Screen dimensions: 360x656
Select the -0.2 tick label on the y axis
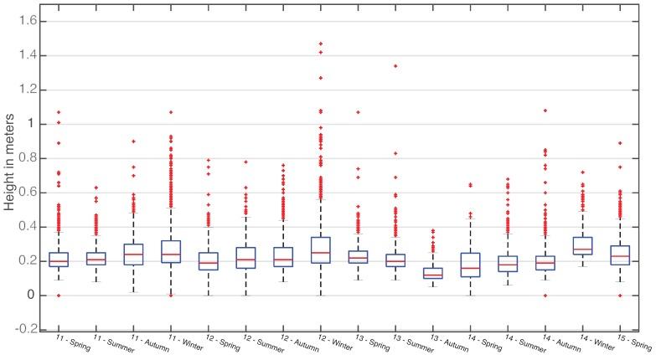tap(26, 330)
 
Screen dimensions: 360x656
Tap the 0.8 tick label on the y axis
tap(28, 158)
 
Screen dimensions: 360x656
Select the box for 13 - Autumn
tap(432, 273)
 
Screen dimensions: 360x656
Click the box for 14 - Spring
tap(470, 265)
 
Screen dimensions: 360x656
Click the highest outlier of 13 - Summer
tap(395, 66)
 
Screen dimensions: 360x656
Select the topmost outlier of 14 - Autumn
tap(545, 111)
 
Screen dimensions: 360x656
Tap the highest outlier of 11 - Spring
tap(59, 112)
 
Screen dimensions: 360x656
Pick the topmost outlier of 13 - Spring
tap(358, 112)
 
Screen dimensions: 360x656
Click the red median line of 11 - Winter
tap(171, 254)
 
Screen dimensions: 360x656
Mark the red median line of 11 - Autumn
tap(133, 254)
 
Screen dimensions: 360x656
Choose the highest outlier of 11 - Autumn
tap(133, 141)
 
